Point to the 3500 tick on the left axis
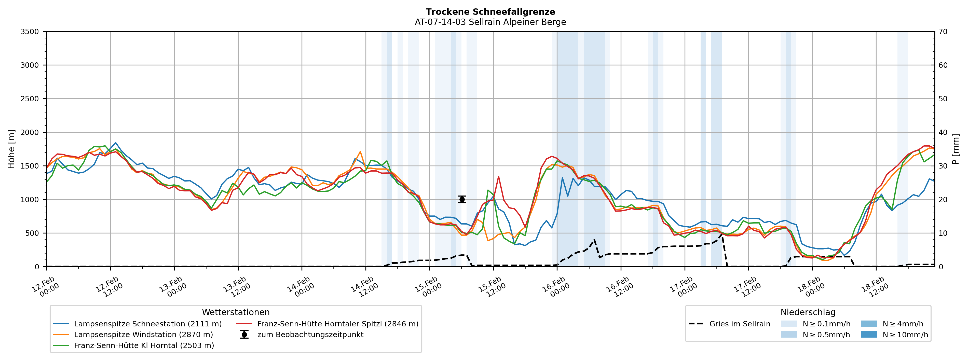pyautogui.click(x=30, y=32)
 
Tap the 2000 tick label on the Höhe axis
pyautogui.click(x=30, y=132)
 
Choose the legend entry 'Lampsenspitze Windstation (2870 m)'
pyautogui.click(x=143, y=335)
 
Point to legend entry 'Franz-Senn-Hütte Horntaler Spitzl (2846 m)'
pyautogui.click(x=337, y=324)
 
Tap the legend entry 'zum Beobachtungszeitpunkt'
pyautogui.click(x=310, y=335)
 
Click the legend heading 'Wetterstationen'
pyautogui.click(x=236, y=312)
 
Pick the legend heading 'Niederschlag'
pyautogui.click(x=808, y=312)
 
